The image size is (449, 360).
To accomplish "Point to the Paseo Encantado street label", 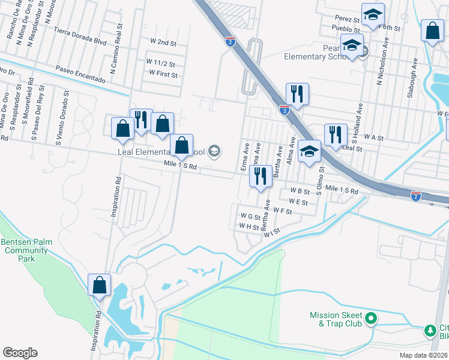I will click(x=81, y=75).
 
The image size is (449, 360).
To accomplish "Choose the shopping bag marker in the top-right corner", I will click(x=432, y=31).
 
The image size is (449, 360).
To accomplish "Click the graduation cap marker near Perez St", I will click(x=373, y=15).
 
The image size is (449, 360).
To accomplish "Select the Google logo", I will click(x=20, y=353).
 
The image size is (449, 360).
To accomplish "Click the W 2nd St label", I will click(x=163, y=43).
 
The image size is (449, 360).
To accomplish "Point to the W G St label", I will click(x=250, y=217).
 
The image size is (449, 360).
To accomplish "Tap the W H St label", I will click(x=249, y=227).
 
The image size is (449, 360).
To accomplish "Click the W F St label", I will click(x=282, y=211).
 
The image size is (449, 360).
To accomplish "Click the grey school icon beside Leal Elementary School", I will click(x=214, y=151).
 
